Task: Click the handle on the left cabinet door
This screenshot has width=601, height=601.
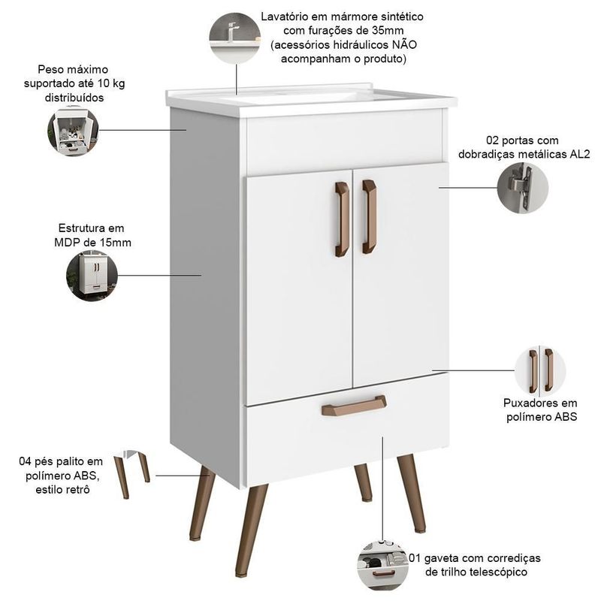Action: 342,219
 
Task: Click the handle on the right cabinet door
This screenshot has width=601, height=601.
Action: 370,217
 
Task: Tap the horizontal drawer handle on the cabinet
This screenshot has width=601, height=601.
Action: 354,406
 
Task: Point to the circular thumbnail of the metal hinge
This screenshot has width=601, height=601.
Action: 522,187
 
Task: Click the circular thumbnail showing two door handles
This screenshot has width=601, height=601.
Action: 540,370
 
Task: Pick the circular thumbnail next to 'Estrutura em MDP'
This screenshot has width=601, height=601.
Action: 92,276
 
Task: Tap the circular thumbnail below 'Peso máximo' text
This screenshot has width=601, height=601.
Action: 73,130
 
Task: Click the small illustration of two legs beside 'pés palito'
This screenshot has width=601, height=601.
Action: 132,474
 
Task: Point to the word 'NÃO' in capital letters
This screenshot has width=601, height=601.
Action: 403,45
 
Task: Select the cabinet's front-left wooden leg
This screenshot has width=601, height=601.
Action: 251,530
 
